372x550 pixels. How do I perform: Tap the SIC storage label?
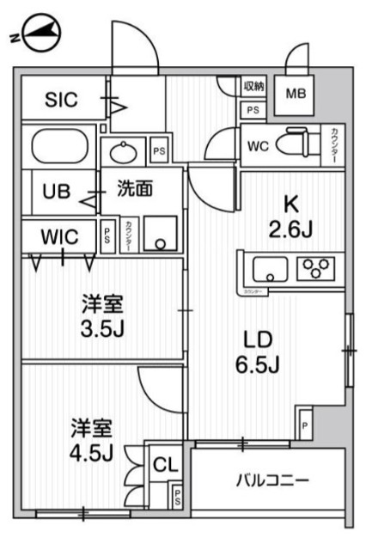point(61,100)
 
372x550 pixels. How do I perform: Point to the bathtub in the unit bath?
point(57,147)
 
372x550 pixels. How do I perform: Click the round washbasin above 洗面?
point(124,151)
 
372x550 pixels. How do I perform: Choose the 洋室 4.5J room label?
point(91,439)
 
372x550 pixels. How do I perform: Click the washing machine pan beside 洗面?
point(161,231)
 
